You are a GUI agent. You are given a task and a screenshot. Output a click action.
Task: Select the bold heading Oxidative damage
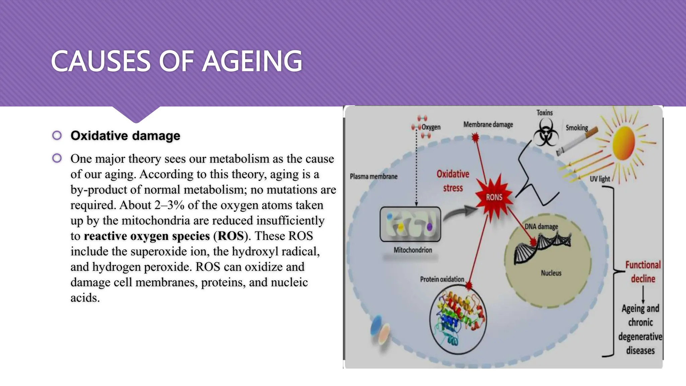click(125, 136)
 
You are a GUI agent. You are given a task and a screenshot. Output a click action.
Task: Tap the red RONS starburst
click(494, 197)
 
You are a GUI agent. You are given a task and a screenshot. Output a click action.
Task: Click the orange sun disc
click(624, 143)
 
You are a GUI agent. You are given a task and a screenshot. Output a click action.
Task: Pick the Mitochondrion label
click(413, 250)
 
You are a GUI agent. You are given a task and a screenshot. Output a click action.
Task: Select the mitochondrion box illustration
click(410, 224)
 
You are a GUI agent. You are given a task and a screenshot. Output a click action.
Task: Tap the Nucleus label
click(551, 273)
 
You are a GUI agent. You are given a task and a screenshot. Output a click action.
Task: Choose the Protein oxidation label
click(442, 279)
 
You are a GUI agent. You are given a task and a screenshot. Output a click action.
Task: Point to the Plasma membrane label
click(373, 177)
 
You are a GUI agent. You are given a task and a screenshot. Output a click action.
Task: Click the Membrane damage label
click(488, 125)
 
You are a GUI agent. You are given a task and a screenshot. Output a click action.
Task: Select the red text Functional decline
click(643, 272)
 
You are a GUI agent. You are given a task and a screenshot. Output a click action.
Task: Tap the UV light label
click(600, 179)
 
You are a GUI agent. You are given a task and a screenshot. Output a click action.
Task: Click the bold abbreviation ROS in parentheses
click(231, 236)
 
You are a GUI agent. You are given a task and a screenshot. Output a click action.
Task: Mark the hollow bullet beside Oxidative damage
click(57, 135)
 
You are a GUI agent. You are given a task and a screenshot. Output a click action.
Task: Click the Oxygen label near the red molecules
click(431, 127)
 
